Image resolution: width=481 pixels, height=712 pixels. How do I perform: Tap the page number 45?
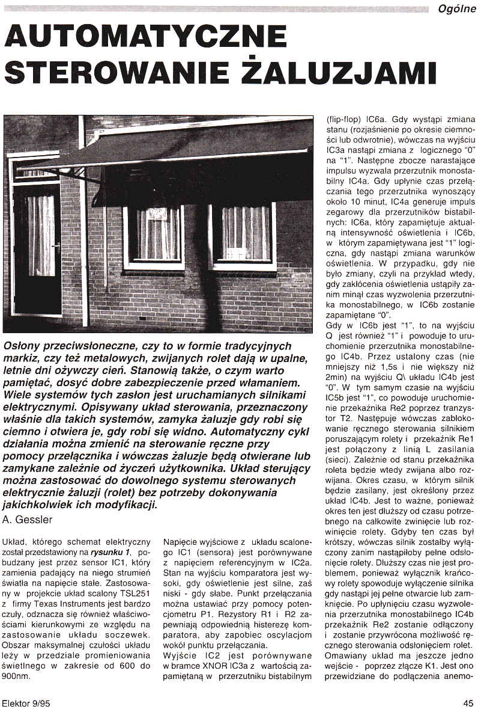click(468, 702)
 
